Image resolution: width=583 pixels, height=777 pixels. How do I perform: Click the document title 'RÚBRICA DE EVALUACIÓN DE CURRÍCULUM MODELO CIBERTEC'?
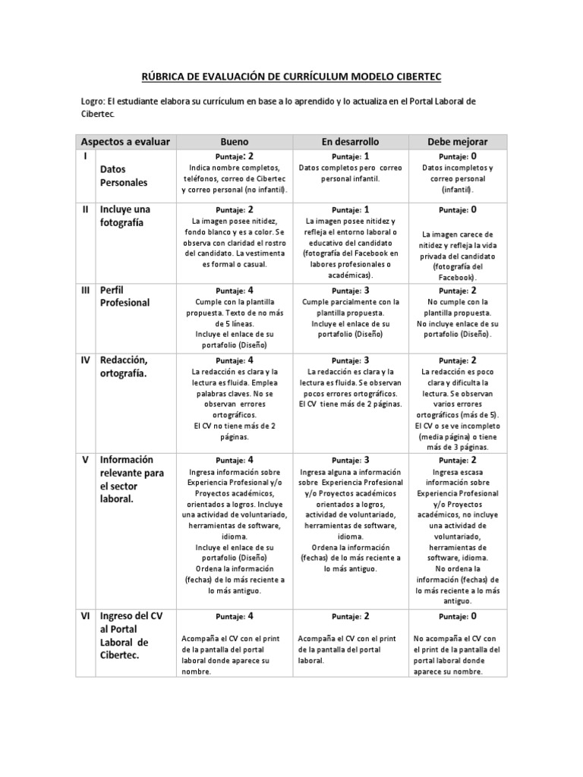(291, 77)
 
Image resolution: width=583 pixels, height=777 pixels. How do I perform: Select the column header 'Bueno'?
(234, 142)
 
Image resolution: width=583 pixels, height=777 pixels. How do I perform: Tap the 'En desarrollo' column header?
(350, 142)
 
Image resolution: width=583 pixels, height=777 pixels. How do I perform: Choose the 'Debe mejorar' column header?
(458, 142)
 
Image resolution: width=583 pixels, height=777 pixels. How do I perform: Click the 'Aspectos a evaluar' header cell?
(126, 142)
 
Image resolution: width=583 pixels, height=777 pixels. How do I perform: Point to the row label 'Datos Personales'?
(124, 175)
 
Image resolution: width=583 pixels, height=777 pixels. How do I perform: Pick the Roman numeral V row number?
(86, 460)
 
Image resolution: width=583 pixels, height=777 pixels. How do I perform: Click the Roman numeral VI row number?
(87, 615)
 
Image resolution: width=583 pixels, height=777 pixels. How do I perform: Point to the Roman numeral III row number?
(87, 290)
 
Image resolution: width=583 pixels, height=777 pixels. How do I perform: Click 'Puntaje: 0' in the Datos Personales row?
(458, 156)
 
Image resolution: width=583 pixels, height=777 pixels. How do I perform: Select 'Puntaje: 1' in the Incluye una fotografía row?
(350, 209)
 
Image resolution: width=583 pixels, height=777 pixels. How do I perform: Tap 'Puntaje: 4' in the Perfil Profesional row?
(234, 291)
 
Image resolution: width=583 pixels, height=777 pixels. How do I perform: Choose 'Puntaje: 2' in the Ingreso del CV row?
(350, 617)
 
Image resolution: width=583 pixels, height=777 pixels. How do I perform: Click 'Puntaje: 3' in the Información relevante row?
(350, 461)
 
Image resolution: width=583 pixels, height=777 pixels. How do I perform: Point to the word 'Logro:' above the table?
(93, 102)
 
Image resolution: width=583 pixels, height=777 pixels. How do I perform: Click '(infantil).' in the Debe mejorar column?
(458, 190)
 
